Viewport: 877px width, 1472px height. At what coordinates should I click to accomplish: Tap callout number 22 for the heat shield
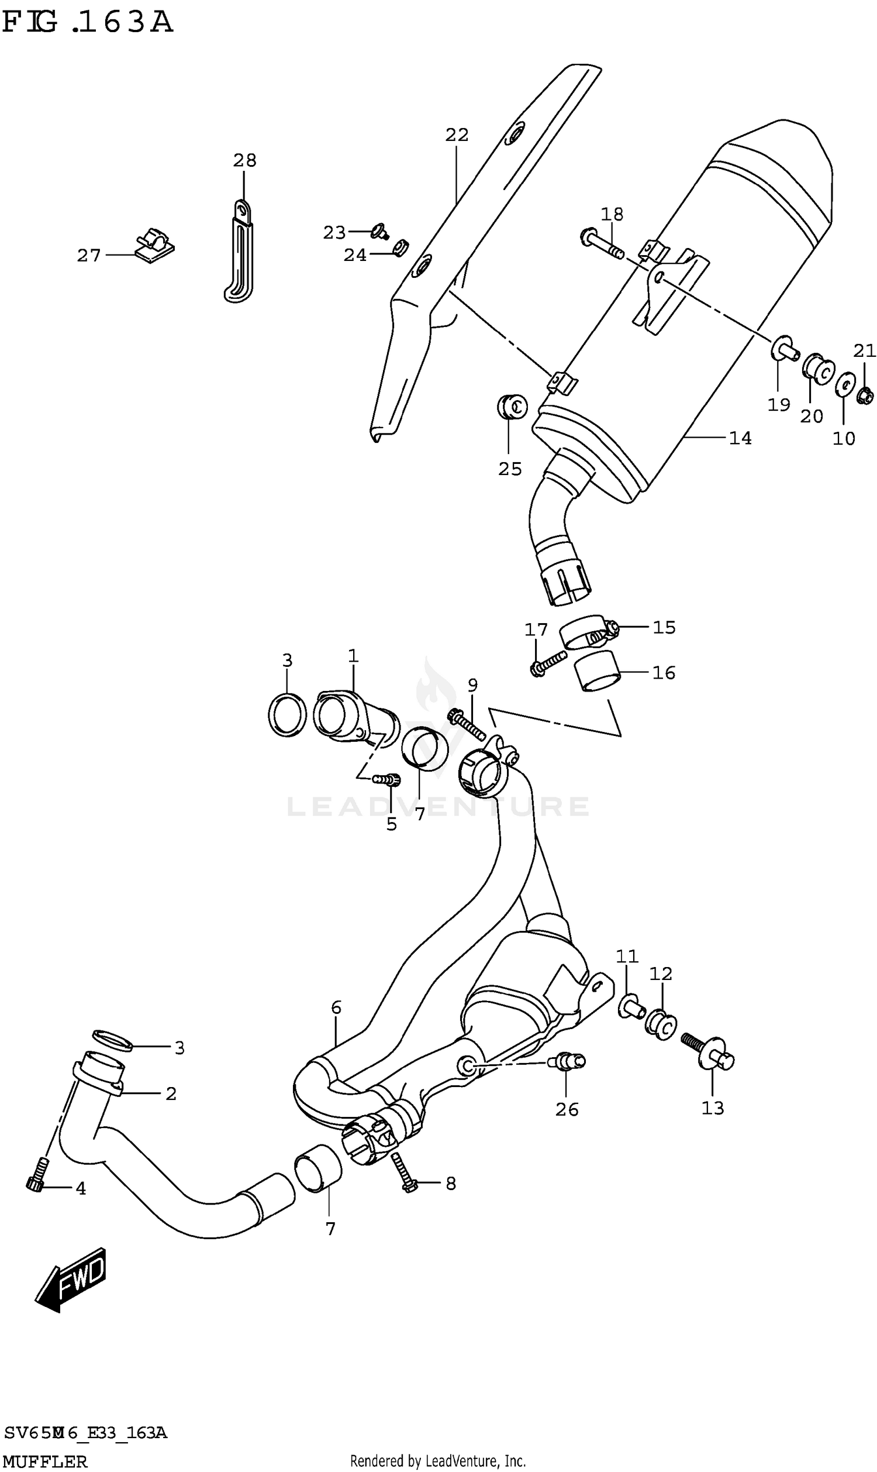pos(457,135)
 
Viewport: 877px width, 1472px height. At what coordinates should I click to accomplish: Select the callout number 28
pos(244,160)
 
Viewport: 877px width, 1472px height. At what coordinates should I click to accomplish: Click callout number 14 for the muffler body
pos(740,438)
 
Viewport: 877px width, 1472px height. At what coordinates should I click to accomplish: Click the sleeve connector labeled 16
pos(598,671)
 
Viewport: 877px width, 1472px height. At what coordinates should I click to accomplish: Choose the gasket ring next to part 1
pos(287,715)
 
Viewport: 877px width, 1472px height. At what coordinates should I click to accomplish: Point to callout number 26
pos(567,1110)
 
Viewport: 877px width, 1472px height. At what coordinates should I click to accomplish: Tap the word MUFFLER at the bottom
pos(45,1462)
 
